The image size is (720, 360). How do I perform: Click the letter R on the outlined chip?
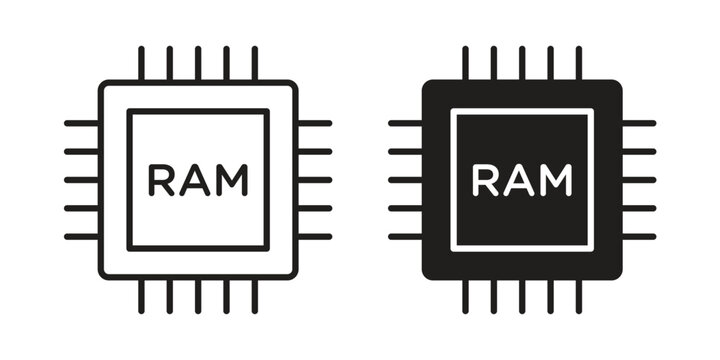point(160,180)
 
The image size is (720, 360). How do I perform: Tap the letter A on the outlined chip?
point(195,180)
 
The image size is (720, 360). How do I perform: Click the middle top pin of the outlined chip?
point(198,62)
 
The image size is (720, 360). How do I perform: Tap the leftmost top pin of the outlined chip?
point(141,62)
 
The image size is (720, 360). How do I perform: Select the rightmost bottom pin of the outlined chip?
point(254,297)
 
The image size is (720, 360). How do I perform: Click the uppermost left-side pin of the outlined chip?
point(81,123)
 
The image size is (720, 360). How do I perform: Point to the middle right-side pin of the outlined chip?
point(314,180)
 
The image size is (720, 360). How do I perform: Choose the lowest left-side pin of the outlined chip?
point(81,237)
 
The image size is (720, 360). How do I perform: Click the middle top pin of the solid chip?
point(522,62)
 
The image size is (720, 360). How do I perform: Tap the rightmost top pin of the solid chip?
point(578,62)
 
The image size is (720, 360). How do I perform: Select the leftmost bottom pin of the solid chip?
point(465,297)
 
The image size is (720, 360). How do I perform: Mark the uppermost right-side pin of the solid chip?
point(638,123)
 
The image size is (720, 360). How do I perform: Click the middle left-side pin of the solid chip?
point(405,180)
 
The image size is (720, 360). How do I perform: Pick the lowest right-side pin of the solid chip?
point(638,237)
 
